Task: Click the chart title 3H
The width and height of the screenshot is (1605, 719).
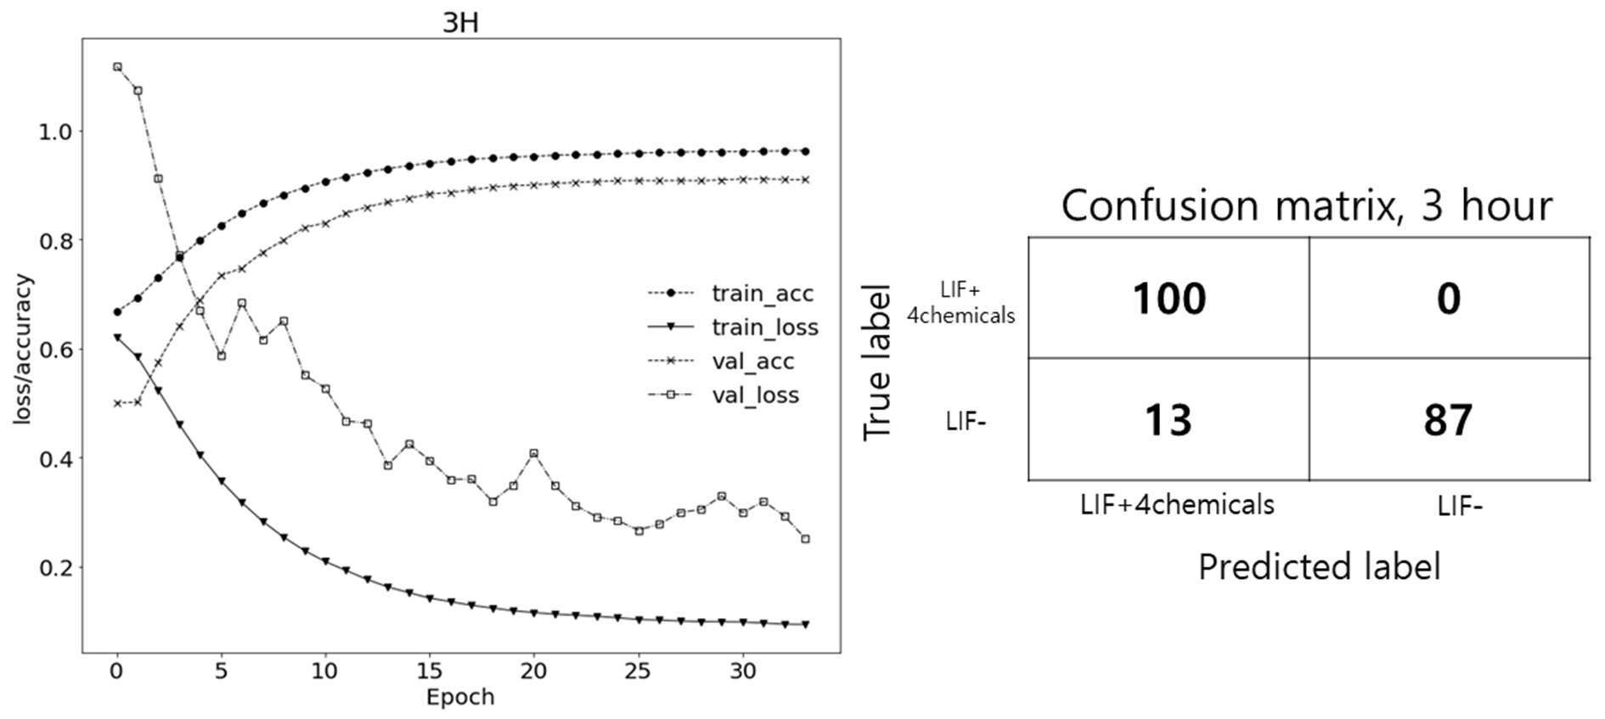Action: pyautogui.click(x=460, y=22)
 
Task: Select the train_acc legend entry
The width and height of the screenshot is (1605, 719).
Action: pyautogui.click(x=730, y=294)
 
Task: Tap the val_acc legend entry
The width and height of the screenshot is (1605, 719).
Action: pyautogui.click(x=721, y=362)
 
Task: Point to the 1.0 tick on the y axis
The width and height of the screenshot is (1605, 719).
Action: pyautogui.click(x=55, y=132)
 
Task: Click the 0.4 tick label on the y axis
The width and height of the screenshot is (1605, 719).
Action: pyautogui.click(x=55, y=458)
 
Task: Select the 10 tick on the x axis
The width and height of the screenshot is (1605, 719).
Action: pyautogui.click(x=325, y=671)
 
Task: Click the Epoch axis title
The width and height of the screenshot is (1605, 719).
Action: pyautogui.click(x=459, y=698)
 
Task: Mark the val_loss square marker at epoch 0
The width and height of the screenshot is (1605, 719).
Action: pyautogui.click(x=117, y=66)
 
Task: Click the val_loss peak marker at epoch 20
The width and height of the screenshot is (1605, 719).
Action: pyautogui.click(x=533, y=453)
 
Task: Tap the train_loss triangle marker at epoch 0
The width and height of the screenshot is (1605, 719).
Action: pyautogui.click(x=117, y=338)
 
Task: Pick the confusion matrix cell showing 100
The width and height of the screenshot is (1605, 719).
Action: pyautogui.click(x=1169, y=297)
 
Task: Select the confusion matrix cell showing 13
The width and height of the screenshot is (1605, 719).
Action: pyautogui.click(x=1169, y=419)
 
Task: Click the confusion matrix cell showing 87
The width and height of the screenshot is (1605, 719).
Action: pyautogui.click(x=1449, y=419)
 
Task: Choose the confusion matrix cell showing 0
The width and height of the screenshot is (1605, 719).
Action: pyautogui.click(x=1449, y=297)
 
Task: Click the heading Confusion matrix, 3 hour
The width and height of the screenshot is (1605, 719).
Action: pyautogui.click(x=1307, y=205)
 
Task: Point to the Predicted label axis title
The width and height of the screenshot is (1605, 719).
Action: pyautogui.click(x=1319, y=566)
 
